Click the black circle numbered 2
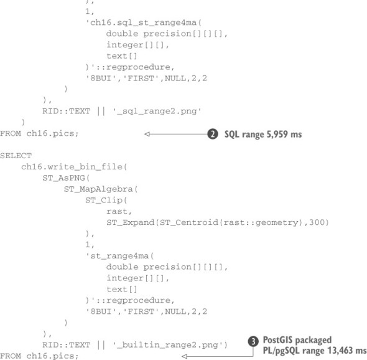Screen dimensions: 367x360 pos(213,134)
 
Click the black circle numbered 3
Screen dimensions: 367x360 pos(253,341)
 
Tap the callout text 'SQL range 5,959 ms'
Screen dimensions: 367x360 pos(263,135)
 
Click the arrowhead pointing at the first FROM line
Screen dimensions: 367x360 pos(147,134)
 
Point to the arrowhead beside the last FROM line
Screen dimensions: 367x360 pos(185,356)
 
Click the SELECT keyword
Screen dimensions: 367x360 pos(16,156)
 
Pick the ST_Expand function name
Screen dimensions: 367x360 pos(131,222)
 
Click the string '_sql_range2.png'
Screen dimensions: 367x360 pos(157,111)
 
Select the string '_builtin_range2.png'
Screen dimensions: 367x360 pos(167,345)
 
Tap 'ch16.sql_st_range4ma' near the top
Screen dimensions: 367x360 pos(143,23)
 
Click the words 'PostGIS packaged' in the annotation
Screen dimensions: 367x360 pos(297,340)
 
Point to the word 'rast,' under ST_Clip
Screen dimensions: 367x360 pos(119,211)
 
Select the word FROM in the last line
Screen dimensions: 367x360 pos(11,356)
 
